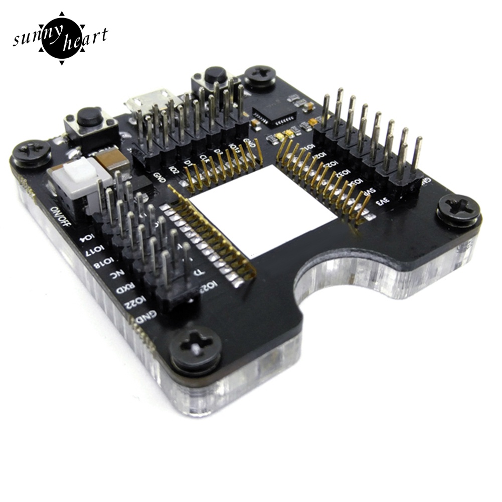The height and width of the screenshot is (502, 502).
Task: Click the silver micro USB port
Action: (x=148, y=100)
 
